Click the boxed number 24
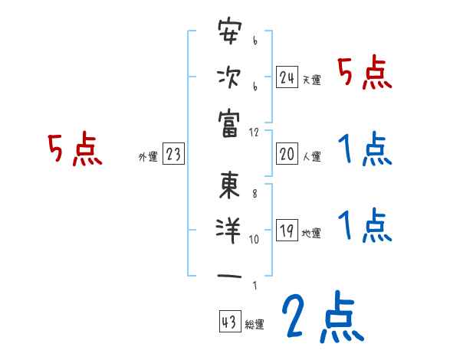287,77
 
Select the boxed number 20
287,154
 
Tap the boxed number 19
287,231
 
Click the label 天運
311,80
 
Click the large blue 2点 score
322,317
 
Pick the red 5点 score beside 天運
365,74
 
